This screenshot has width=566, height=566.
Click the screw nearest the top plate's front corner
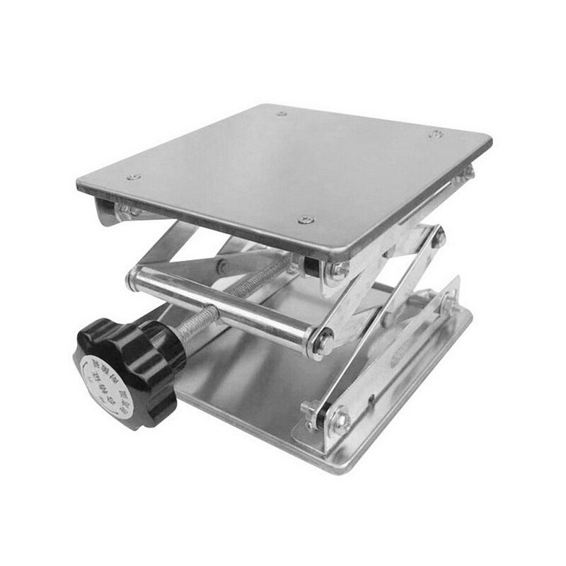coord(305,220)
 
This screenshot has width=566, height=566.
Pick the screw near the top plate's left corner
coord(130,178)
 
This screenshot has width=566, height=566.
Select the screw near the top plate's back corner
coord(282,113)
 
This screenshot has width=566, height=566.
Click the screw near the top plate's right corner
coord(437,134)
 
